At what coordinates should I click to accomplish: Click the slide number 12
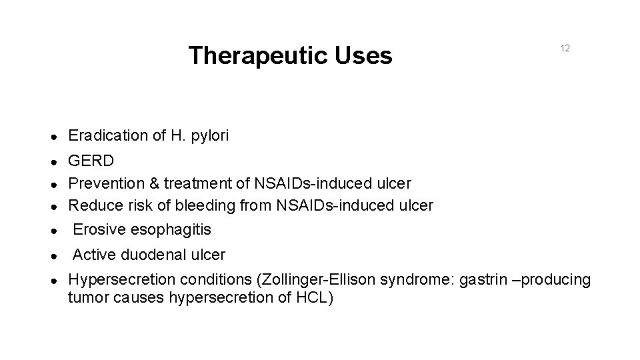point(565,49)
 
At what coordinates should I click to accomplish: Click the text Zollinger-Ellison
point(317,280)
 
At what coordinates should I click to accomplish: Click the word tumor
point(86,297)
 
